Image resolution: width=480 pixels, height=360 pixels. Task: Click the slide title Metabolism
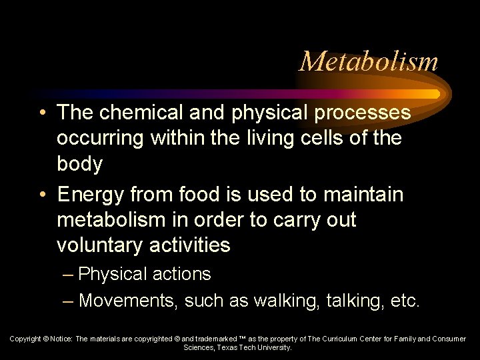[369, 61]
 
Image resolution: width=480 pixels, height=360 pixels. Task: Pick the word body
[79, 163]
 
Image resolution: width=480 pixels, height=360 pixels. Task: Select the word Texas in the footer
[229, 347]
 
